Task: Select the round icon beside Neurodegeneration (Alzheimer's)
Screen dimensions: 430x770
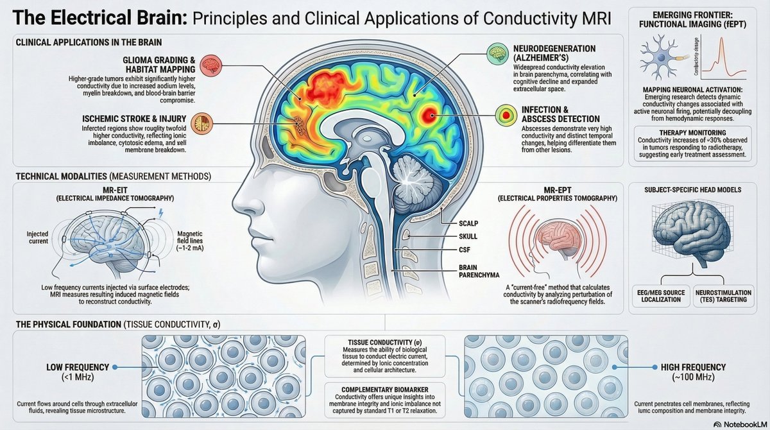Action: (495, 53)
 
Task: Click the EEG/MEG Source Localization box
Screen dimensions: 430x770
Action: (662, 296)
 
